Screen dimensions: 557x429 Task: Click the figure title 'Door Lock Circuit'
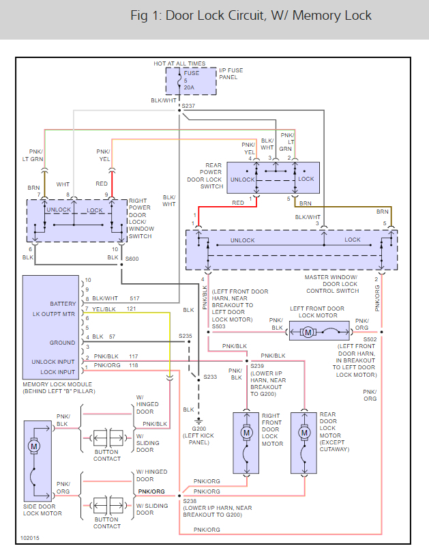click(251, 15)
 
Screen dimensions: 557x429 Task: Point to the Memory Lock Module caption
click(57, 386)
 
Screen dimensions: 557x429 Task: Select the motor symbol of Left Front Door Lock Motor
click(308, 332)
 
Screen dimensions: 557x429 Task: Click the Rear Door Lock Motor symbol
click(304, 433)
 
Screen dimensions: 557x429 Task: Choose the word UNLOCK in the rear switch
click(242, 180)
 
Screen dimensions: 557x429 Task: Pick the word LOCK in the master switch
click(353, 240)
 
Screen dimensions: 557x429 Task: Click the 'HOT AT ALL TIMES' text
click(179, 63)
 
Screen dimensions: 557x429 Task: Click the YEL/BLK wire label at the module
click(105, 310)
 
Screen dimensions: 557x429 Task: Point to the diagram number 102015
click(30, 537)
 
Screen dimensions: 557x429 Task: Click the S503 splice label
click(219, 326)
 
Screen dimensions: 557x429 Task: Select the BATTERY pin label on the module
click(63, 304)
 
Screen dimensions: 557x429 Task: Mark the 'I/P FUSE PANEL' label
click(231, 74)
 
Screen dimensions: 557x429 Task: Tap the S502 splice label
click(370, 339)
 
